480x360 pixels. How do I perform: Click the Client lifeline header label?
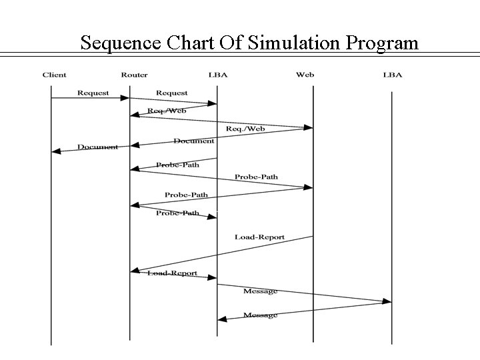[x=54, y=75]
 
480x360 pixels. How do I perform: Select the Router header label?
[x=134, y=75]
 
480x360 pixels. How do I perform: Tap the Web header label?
[x=305, y=75]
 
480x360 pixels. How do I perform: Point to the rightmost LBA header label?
[x=393, y=75]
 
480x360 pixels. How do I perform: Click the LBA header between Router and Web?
[x=217, y=75]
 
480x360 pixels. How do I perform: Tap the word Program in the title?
[x=382, y=44]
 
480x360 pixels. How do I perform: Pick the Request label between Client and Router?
[x=93, y=93]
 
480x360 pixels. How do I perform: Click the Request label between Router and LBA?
[x=171, y=93]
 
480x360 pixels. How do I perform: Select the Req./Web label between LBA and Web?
[x=246, y=128]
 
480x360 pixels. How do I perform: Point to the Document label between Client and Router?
[x=97, y=147]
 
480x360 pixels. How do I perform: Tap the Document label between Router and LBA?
[x=193, y=141]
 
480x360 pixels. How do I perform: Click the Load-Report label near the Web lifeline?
[x=259, y=237]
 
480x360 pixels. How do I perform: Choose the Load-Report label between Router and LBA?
[x=173, y=273]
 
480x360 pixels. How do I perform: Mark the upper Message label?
[x=260, y=291]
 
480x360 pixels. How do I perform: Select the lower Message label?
[x=260, y=315]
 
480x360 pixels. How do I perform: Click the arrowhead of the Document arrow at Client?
[x=56, y=151]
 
